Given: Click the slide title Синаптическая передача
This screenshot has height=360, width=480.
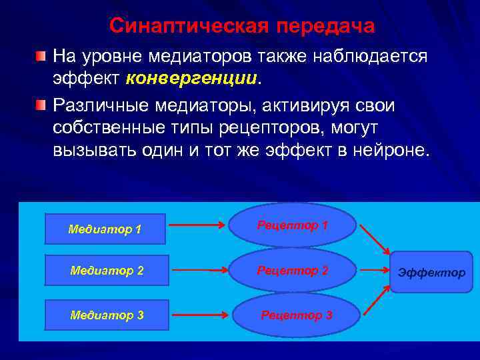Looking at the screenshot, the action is (242, 26).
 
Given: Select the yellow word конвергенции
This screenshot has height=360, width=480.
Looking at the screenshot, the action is (191, 78).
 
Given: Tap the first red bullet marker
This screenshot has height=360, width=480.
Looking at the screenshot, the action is (41, 55).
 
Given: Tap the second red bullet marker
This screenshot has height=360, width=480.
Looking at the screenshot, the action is (41, 105).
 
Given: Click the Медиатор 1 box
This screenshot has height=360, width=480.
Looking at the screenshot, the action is (105, 229).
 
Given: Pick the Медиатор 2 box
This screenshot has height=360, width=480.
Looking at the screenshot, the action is (107, 271).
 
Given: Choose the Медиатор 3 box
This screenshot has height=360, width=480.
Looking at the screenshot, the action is (107, 315).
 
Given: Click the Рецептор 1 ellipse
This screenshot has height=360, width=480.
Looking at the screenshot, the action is (293, 225).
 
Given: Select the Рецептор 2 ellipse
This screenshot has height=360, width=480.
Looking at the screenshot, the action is (293, 271).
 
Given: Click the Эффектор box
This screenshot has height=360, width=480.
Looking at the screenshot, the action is (431, 272).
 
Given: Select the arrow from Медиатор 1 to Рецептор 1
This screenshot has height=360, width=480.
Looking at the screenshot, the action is (197, 225).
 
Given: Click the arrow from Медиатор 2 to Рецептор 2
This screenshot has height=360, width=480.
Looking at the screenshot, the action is (199, 271).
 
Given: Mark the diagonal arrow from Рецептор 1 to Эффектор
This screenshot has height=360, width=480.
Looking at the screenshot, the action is (375, 239).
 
